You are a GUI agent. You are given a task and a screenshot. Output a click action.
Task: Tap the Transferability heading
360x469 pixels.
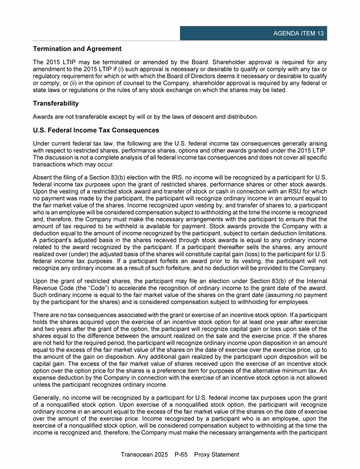(56, 103)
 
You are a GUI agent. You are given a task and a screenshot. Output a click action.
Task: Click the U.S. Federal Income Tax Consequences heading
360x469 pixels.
(96, 130)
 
